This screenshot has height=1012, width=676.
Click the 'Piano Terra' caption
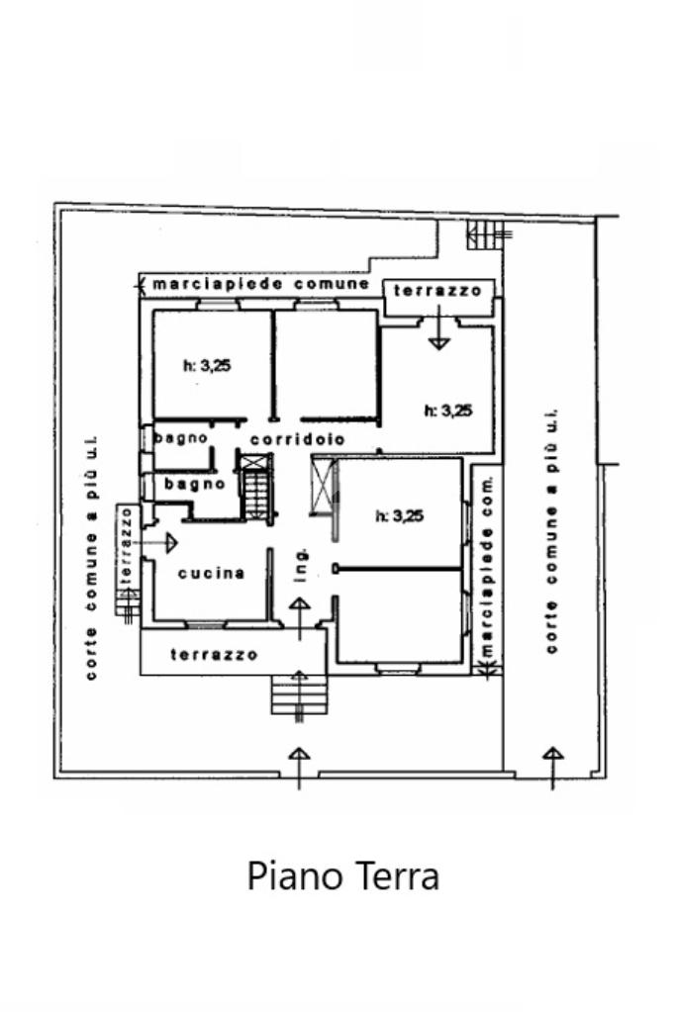pyautogui.click(x=342, y=875)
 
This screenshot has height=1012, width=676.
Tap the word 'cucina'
pyautogui.click(x=211, y=573)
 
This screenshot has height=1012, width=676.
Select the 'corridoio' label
pyautogui.click(x=297, y=438)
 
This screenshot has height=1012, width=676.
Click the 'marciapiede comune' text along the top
pyautogui.click(x=259, y=284)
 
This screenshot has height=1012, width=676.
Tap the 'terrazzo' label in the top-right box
pyautogui.click(x=437, y=291)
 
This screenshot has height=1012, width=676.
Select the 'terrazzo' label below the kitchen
pyautogui.click(x=214, y=654)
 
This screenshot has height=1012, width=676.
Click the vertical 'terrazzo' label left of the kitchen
pyautogui.click(x=126, y=545)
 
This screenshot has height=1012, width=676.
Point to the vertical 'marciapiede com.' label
pyautogui.click(x=486, y=566)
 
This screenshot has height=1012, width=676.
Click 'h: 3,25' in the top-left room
pyautogui.click(x=207, y=365)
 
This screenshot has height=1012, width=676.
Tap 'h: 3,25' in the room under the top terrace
pyautogui.click(x=447, y=411)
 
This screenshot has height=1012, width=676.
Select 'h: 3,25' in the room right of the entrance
pyautogui.click(x=399, y=514)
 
